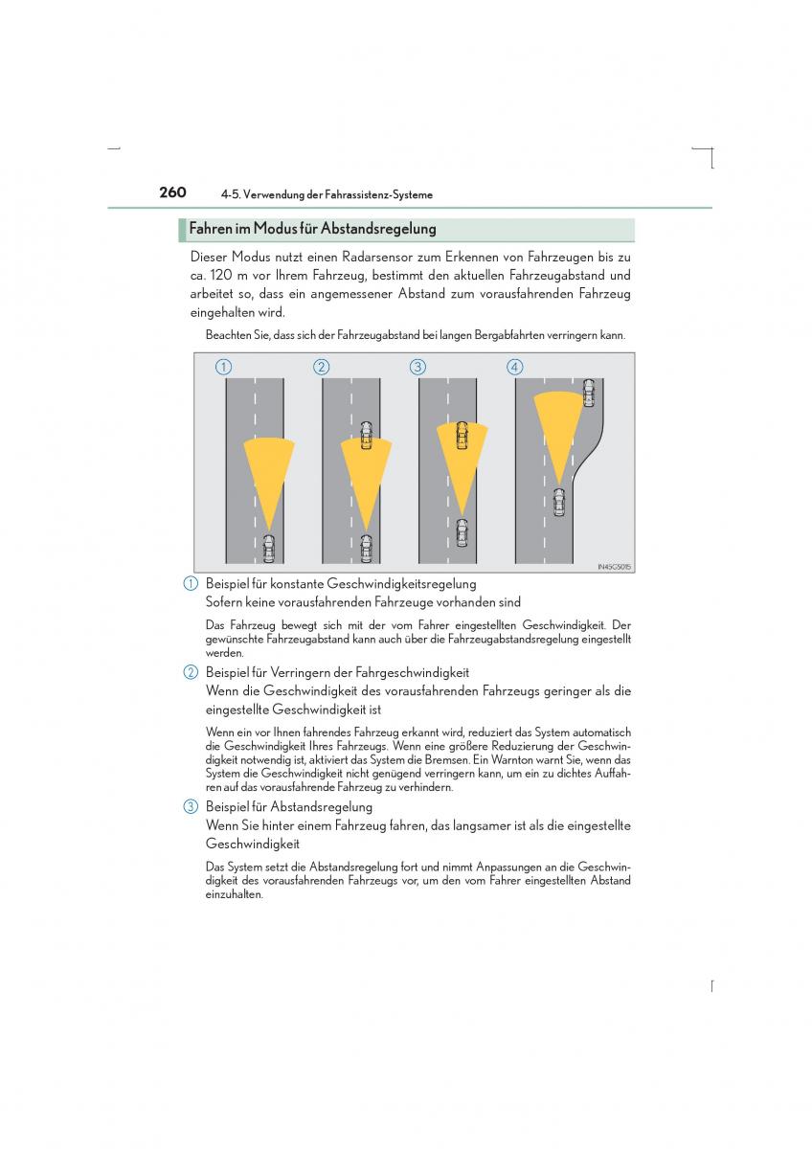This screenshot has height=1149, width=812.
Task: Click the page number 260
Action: point(172,192)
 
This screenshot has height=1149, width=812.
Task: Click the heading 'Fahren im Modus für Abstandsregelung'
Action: point(312,230)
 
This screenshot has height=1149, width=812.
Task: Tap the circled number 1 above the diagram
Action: point(223,367)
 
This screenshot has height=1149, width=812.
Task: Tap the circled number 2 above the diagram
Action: point(321,367)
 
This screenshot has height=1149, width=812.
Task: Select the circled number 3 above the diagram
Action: point(417,367)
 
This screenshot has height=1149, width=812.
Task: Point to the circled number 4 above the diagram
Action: point(515,367)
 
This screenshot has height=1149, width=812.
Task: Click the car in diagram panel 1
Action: point(268,548)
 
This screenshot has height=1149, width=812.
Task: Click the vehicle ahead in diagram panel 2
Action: point(366,437)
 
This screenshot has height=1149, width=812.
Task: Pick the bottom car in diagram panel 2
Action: point(366,548)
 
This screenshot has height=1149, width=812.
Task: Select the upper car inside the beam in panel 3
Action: point(462,437)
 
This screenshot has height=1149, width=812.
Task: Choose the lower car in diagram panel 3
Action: point(462,531)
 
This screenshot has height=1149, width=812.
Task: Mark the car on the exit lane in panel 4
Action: point(589,392)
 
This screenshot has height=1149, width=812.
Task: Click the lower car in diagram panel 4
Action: point(559,501)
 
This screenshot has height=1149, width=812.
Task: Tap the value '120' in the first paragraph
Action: point(221,276)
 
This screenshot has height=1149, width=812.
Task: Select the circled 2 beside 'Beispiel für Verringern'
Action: point(192,673)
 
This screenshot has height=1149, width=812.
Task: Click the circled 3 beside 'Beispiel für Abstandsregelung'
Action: point(192,807)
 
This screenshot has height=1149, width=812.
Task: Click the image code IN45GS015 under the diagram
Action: point(614,567)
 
